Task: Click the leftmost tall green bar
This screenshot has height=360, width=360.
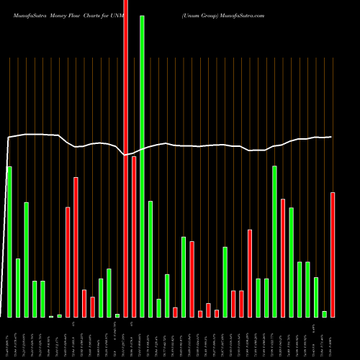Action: (x=9, y=241)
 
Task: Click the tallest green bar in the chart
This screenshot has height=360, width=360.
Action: (x=142, y=166)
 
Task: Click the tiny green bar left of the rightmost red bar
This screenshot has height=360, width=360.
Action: (x=324, y=314)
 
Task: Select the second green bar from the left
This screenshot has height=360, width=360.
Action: (x=18, y=287)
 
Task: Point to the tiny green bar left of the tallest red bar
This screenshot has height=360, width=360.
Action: (x=117, y=315)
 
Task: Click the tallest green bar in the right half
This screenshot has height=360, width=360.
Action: (x=274, y=241)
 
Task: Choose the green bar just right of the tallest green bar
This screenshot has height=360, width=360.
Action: (x=150, y=258)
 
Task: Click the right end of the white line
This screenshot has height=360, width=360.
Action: (x=331, y=137)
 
